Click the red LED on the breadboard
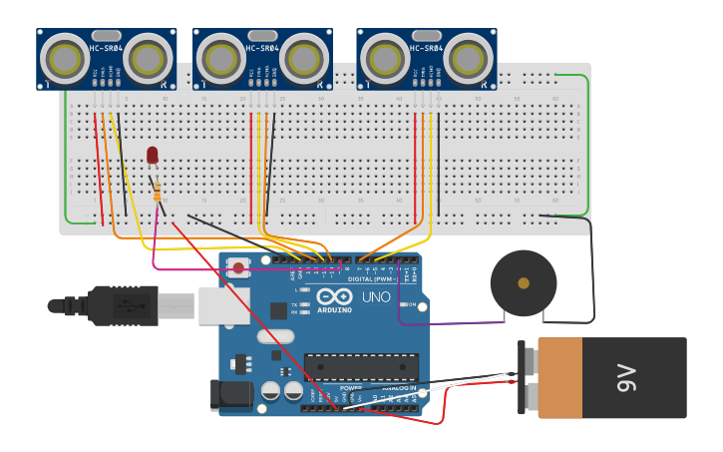[x=153, y=155]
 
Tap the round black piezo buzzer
[x=523, y=283]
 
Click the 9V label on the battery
[x=626, y=378]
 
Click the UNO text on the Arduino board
[x=376, y=296]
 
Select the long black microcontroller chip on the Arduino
[x=361, y=367]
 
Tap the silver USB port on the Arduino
[x=223, y=305]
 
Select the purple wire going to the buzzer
[x=449, y=323]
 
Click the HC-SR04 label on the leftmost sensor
[x=106, y=49]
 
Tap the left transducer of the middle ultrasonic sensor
[x=220, y=60]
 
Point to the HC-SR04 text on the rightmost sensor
[x=426, y=49]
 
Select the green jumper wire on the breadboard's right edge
[x=587, y=140]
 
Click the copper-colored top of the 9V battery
[x=559, y=378]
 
